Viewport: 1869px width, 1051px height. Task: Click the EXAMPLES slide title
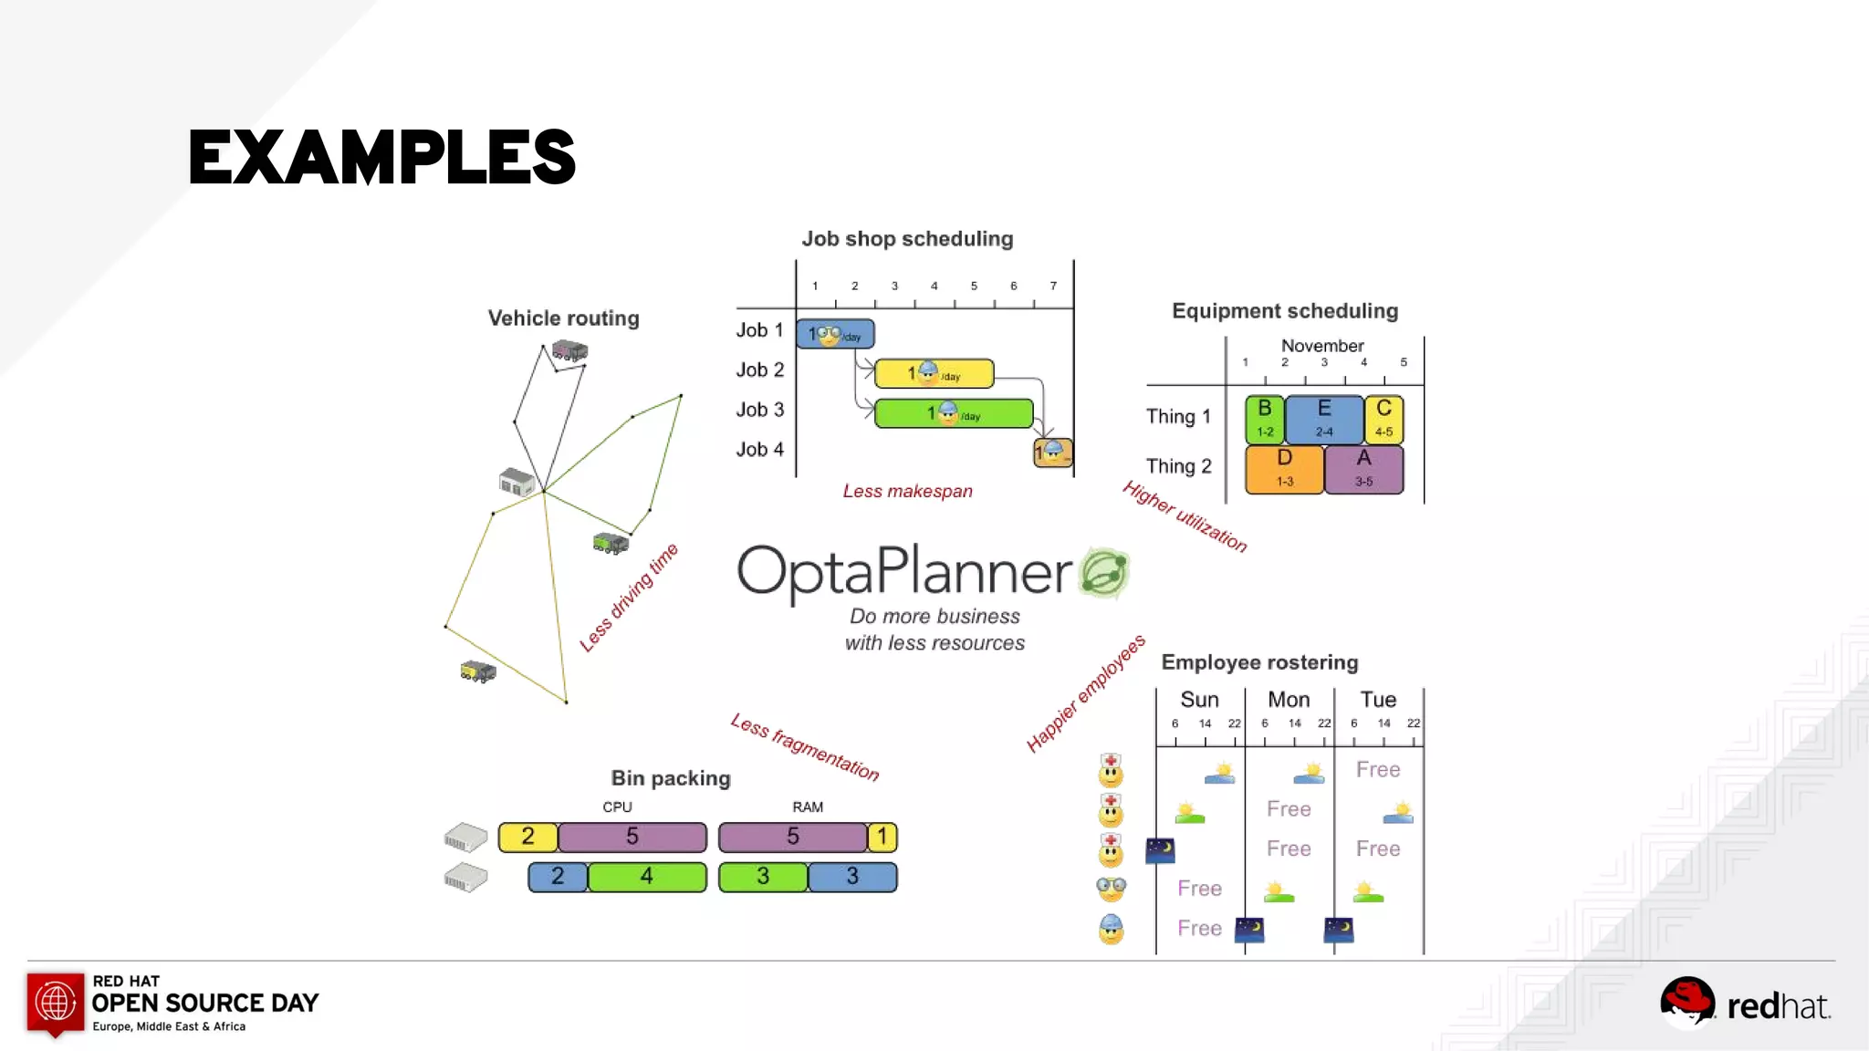pos(381,157)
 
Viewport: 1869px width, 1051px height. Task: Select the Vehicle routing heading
pos(563,318)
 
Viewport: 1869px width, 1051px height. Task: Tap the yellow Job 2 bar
pos(934,373)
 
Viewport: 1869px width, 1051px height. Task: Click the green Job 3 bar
pos(954,413)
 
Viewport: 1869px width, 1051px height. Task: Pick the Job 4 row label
pos(759,450)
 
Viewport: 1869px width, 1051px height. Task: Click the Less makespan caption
pos(907,491)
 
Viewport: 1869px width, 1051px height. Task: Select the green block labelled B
pos(1265,419)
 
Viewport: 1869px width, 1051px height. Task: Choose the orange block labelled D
pos(1284,469)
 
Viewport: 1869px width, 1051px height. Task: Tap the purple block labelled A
pos(1363,469)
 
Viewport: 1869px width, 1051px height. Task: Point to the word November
pos(1321,346)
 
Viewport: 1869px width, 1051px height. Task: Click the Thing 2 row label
pos(1178,466)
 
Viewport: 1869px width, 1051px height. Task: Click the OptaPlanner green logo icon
pos(1104,573)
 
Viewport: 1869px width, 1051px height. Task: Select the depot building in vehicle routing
pos(517,481)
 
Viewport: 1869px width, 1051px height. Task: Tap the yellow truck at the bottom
pos(478,672)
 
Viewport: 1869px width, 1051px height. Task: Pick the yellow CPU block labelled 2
pos(527,837)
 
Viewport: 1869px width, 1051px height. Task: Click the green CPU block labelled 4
pos(646,877)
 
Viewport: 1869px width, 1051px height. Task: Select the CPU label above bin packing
pos(617,807)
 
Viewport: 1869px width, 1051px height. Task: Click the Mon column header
pos(1289,700)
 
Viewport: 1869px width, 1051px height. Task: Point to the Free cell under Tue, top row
pos(1377,770)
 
